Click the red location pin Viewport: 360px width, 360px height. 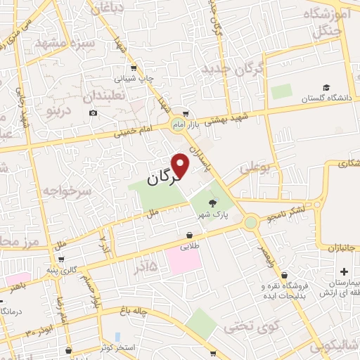(181, 165)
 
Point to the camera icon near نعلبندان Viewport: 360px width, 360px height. (94, 112)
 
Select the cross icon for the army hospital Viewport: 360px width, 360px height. (343, 272)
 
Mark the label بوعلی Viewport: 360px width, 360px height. (254, 169)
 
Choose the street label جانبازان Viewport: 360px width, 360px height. (342, 247)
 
